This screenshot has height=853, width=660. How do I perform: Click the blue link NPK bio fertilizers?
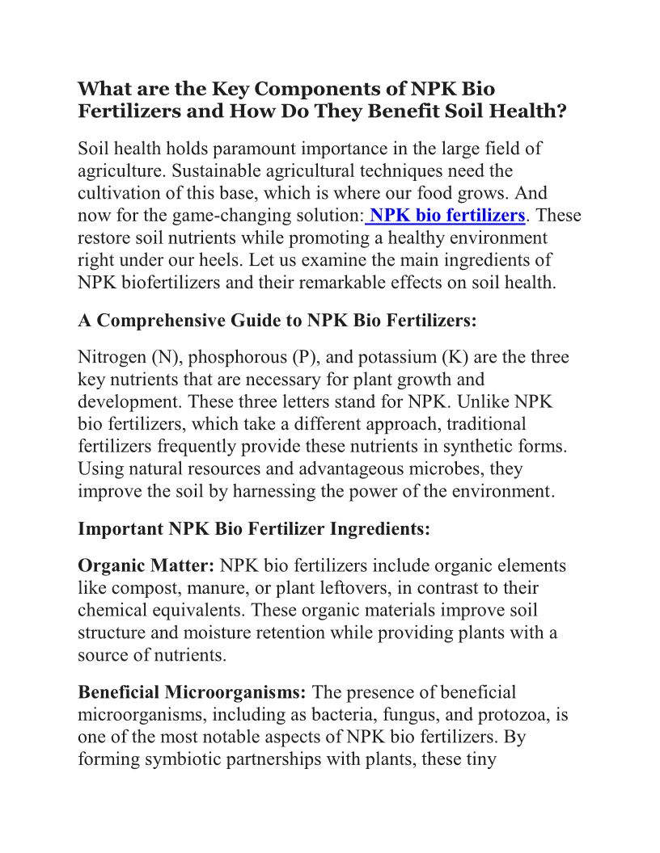(x=447, y=216)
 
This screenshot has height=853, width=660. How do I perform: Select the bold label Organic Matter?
(x=146, y=565)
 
